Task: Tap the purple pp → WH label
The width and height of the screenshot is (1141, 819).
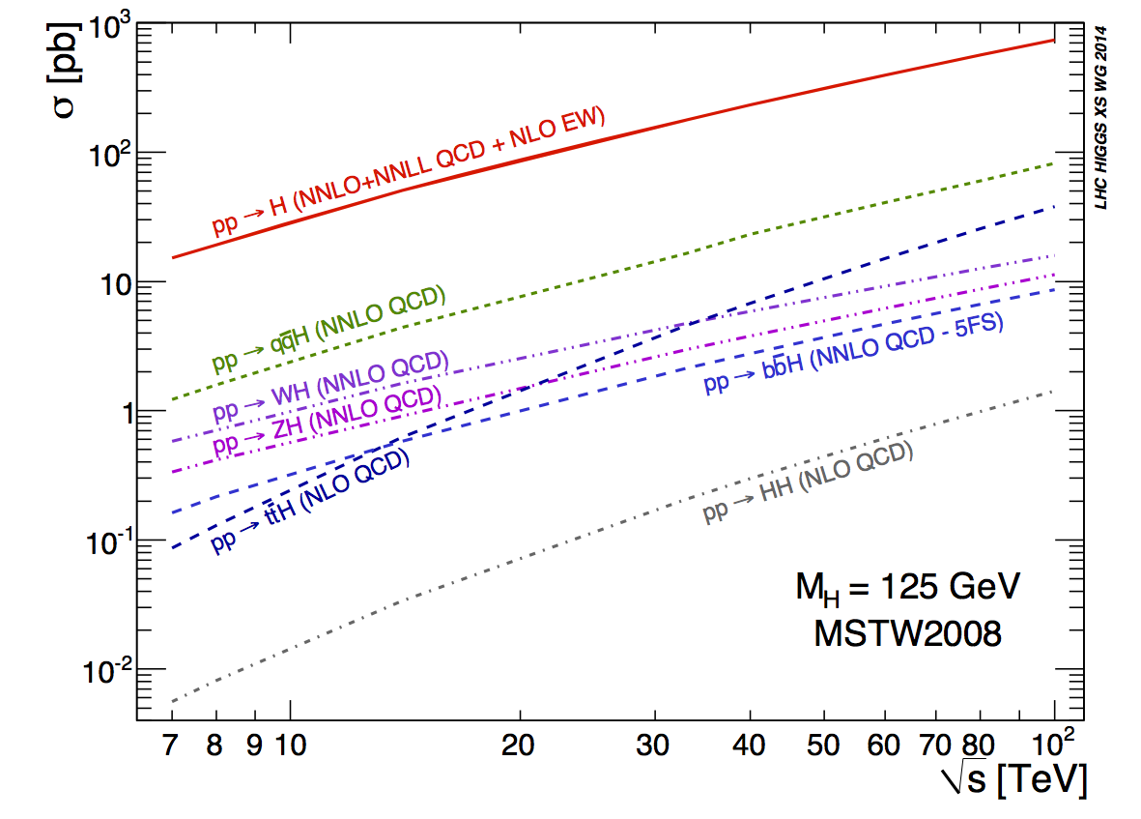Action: point(331,386)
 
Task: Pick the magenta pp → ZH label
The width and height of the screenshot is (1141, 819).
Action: point(327,420)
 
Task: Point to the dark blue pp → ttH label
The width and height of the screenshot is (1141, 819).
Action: point(310,502)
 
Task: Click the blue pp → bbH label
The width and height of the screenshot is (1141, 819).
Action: point(854,353)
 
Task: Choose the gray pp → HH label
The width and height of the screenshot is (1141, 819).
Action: point(808,483)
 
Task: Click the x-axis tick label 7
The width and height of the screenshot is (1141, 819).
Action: point(172,746)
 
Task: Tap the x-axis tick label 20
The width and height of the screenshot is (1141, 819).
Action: point(520,746)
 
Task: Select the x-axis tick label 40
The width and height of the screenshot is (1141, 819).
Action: point(750,746)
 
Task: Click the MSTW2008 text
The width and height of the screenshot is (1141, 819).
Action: point(906,633)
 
